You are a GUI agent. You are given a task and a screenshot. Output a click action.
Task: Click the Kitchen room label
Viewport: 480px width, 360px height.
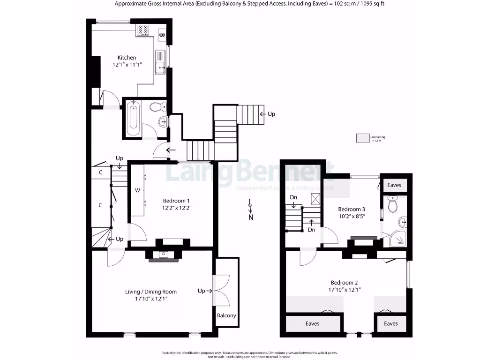pos(127,58)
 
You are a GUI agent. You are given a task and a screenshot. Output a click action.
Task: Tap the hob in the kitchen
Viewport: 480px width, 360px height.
pos(143,30)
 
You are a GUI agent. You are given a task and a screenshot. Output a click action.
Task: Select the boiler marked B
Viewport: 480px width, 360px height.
pos(161,34)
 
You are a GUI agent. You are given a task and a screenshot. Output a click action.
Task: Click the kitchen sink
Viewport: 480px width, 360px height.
pos(160,65)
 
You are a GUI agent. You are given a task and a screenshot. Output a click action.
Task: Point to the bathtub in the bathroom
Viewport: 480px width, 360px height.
pos(133,119)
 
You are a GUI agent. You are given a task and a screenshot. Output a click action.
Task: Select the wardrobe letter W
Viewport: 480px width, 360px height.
pos(137,190)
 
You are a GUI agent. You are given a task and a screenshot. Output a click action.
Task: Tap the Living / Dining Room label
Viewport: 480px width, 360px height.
pos(150,292)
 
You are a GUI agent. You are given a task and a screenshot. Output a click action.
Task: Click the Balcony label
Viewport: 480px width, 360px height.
pos(226,315)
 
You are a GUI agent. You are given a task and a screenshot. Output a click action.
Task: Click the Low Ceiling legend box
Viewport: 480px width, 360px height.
pos(363,138)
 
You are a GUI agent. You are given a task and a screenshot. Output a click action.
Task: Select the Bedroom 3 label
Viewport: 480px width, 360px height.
pos(351,209)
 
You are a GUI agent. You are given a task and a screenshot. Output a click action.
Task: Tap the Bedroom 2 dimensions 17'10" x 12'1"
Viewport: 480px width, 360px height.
pos(344,289)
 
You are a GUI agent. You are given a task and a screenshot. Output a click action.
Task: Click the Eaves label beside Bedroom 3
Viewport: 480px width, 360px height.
pos(394,185)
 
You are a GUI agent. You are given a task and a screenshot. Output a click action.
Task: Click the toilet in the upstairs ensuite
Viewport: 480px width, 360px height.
pos(393,205)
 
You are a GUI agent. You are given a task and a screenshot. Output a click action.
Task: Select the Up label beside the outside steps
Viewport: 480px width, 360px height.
pos(271,114)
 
